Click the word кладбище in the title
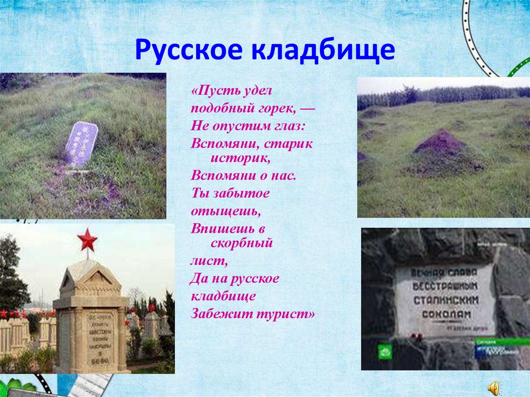pyautogui.click(x=323, y=51)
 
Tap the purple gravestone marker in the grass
pyautogui.click(x=81, y=144)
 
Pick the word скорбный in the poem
pyautogui.click(x=241, y=242)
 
